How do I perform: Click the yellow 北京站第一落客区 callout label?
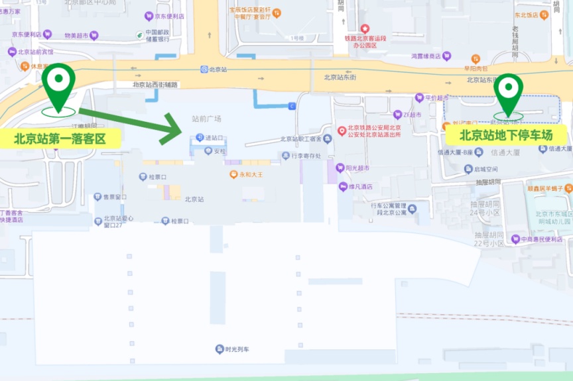(x=60, y=138)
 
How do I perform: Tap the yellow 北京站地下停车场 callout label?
(x=506, y=135)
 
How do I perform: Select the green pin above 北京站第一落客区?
(x=58, y=82)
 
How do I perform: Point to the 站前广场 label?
(x=206, y=119)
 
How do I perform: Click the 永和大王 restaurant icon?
(x=233, y=174)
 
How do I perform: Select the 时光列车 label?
(x=236, y=349)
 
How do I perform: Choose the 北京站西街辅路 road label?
(x=155, y=84)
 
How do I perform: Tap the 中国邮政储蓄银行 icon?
(x=139, y=34)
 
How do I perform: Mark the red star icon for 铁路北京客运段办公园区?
(x=364, y=28)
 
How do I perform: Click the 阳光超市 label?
(x=358, y=168)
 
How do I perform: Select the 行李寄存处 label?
(x=306, y=156)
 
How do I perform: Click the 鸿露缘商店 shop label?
(x=425, y=56)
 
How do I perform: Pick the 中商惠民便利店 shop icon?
(x=515, y=239)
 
